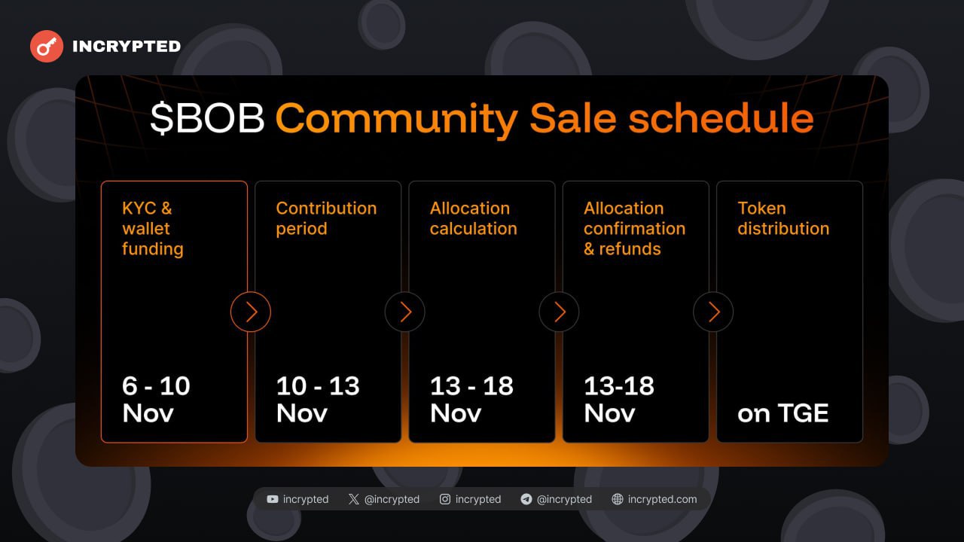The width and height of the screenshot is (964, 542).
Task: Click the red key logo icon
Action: point(47,46)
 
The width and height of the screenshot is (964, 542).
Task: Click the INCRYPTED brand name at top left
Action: point(127,47)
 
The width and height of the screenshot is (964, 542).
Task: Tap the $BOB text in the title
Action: point(207,118)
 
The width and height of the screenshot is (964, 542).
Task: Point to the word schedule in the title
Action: point(721,118)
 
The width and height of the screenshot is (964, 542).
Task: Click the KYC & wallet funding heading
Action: point(153,228)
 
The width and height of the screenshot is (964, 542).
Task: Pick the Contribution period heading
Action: point(326,218)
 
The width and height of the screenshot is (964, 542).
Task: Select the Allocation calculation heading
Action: point(474,218)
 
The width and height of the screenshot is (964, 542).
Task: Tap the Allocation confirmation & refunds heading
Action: point(634,228)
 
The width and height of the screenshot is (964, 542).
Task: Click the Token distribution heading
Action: point(783,218)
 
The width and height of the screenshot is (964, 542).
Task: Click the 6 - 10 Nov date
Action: point(156,399)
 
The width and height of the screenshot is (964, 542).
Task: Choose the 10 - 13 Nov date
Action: point(318,399)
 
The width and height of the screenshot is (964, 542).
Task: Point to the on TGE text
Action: point(782,413)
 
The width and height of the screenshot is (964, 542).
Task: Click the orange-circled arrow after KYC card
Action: point(251,312)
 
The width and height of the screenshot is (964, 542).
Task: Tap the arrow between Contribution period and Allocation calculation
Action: point(404,312)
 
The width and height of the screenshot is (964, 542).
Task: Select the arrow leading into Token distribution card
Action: point(713,312)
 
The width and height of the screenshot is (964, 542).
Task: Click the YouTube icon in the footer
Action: point(273,499)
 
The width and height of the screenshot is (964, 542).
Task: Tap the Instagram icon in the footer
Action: point(445,499)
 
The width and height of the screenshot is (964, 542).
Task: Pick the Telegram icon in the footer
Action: point(526,499)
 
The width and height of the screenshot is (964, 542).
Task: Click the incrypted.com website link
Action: point(662,499)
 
